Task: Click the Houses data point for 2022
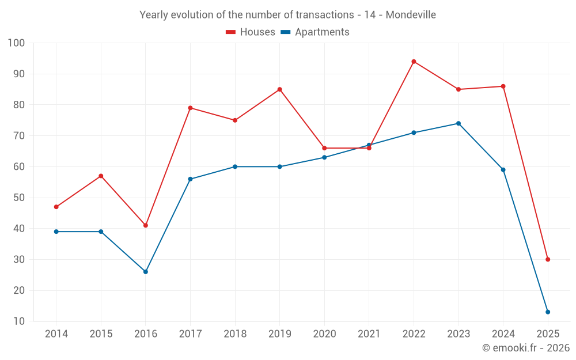coord(414,62)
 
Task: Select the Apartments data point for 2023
coord(458,123)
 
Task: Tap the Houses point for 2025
coord(548,259)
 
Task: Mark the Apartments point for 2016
coord(146,271)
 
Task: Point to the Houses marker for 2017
coord(190,108)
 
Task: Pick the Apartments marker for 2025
coord(548,312)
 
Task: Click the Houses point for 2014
coord(56,207)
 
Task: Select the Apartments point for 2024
coord(503,170)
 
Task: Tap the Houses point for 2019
coord(279,89)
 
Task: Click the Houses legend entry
coord(251,32)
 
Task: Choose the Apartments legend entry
coord(315,32)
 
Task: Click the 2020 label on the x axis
coord(324,334)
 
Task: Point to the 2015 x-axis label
coord(101,334)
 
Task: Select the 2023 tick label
coord(458,334)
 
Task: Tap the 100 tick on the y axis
coord(16,43)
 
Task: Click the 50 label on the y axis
coord(18,198)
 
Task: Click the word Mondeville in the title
coord(411,14)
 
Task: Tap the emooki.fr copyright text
coord(525,348)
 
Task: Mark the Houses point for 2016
coord(146,225)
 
